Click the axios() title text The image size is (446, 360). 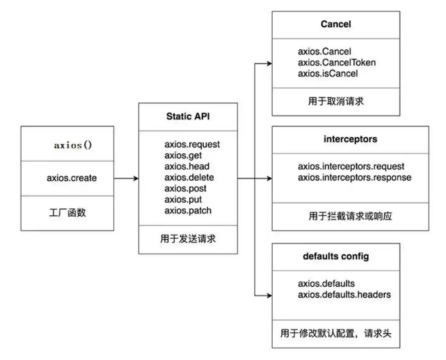[x=73, y=145]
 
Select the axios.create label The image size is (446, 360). [x=72, y=178]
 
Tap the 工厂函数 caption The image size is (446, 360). [x=67, y=212]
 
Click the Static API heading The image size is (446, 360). [x=188, y=117]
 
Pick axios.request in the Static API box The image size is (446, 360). [x=192, y=144]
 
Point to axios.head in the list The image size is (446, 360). [x=187, y=166]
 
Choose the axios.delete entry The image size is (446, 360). [x=189, y=177]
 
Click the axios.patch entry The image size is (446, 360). [x=188, y=211]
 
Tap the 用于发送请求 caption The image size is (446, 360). [x=188, y=239]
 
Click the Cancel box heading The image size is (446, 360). [x=336, y=24]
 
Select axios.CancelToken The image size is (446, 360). [x=337, y=62]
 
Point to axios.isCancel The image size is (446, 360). [x=328, y=73]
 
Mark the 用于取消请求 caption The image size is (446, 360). [x=336, y=101]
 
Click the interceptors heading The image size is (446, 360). [x=351, y=139]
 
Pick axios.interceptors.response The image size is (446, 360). [x=355, y=177]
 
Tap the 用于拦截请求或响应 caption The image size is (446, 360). [x=351, y=216]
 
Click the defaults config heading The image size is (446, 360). [x=336, y=256]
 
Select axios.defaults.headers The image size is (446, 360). [x=344, y=295]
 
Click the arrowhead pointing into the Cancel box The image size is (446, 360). [x=270, y=64]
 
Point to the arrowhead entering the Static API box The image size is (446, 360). [x=136, y=178]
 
